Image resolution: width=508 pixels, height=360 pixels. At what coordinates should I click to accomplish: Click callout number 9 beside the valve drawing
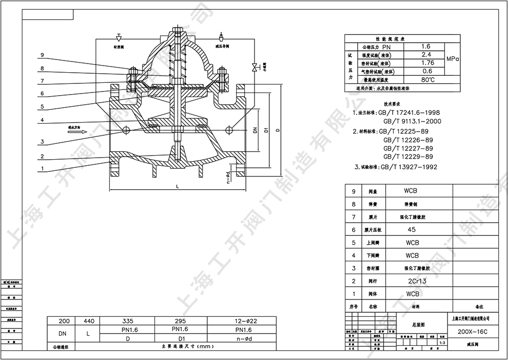(x=43, y=55)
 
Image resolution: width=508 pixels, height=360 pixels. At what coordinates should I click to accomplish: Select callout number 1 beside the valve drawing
(x=43, y=168)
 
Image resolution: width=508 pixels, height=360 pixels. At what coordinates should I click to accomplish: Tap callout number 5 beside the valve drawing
(x=43, y=106)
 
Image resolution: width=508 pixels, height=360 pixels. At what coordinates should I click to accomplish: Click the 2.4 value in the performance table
(x=427, y=54)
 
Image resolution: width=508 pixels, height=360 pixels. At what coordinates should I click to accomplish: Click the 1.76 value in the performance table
(x=427, y=63)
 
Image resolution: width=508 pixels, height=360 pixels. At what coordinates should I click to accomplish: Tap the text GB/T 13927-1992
(x=408, y=167)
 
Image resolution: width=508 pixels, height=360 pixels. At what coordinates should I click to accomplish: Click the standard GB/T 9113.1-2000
(x=412, y=122)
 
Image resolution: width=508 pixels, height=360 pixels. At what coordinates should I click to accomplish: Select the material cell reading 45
(x=412, y=230)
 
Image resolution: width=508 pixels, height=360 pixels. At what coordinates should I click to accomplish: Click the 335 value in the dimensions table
(x=128, y=321)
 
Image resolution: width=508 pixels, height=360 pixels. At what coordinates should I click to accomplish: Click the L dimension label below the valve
(x=177, y=188)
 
